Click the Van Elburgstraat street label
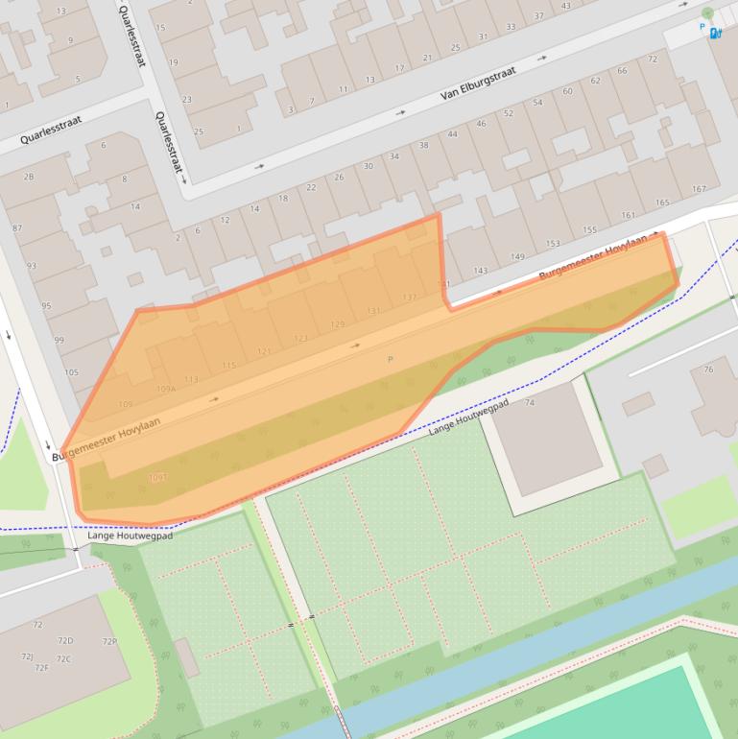(x=478, y=83)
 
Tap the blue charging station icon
(x=715, y=34)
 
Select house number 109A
(x=166, y=389)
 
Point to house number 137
(x=410, y=298)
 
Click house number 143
(x=481, y=271)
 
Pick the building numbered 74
(x=530, y=403)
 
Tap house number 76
(x=708, y=369)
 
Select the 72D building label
(x=65, y=640)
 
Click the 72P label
(x=109, y=642)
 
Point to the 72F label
(x=42, y=667)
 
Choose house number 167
(x=699, y=189)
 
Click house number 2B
(x=29, y=177)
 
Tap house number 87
(x=17, y=228)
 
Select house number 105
(x=71, y=372)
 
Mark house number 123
(x=300, y=338)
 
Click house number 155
(x=589, y=230)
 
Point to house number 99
(x=60, y=340)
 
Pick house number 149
(x=517, y=256)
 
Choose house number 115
(x=228, y=366)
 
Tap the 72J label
(x=28, y=656)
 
